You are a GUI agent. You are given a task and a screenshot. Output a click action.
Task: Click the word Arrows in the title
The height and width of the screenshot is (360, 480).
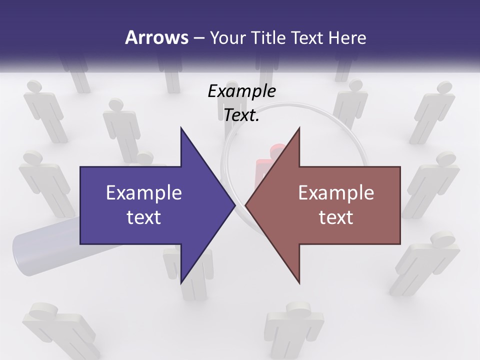pos(156,37)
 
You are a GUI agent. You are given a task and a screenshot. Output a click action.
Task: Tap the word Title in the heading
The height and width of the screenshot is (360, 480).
pos(270,37)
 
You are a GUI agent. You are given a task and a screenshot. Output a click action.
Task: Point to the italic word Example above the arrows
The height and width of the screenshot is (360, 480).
pos(241,91)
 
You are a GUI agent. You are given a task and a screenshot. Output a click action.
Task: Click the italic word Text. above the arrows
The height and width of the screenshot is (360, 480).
pos(241,115)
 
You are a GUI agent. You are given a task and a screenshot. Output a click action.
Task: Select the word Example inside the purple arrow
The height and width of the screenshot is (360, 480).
pos(144,192)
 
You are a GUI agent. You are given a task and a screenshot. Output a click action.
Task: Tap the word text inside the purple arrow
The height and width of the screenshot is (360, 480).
pos(144,217)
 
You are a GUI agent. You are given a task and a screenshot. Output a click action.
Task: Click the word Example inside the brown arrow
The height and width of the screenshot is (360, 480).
pos(336,192)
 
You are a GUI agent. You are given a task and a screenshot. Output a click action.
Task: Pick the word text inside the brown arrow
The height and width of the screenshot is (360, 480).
pos(336,217)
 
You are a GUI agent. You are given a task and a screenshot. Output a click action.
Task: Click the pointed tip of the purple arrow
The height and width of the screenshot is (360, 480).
pos(234,205)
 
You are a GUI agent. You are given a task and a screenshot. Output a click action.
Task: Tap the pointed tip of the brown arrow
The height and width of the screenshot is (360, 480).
pos(246,205)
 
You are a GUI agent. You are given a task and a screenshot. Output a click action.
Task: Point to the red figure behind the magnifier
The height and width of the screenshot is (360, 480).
pos(265,165)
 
